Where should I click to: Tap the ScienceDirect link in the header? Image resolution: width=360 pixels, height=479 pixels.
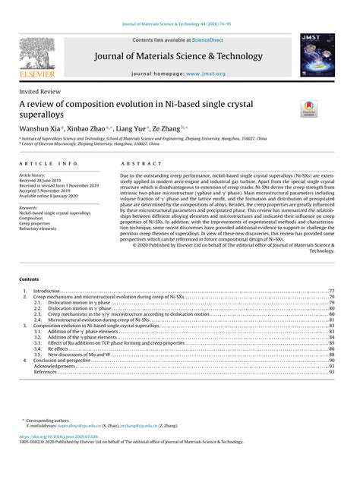coord(215,39)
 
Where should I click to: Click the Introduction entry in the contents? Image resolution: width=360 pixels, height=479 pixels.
coord(48,291)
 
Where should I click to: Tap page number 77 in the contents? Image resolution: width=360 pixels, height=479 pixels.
coord(332,291)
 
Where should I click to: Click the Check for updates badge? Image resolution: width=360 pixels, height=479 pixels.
coord(311,109)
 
